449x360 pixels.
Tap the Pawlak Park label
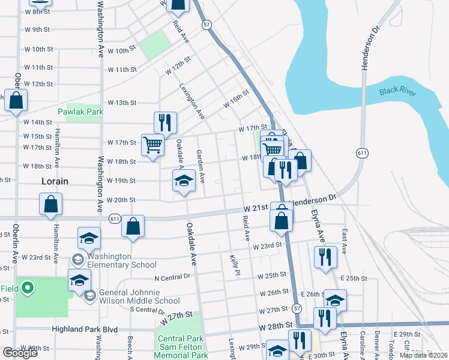pyautogui.click(x=80, y=112)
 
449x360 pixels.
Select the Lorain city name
pyautogui.click(x=55, y=181)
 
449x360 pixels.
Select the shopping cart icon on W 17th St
pyautogui.click(x=152, y=144)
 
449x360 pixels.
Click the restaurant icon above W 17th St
pyautogui.click(x=164, y=122)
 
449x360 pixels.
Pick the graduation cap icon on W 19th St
pyautogui.click(x=184, y=181)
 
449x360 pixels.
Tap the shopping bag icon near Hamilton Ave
pyautogui.click(x=51, y=203)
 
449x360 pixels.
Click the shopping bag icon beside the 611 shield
pyautogui.click(x=133, y=226)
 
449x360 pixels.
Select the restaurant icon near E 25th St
pyautogui.click(x=325, y=256)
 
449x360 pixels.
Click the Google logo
pyautogui.click(x=20, y=353)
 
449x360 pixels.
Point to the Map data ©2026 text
pyautogui.click(x=424, y=355)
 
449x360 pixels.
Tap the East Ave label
pyautogui.click(x=344, y=240)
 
